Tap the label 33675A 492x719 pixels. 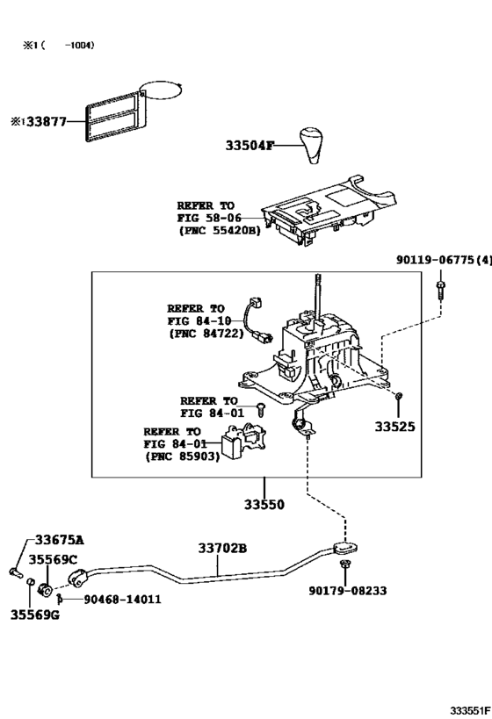60,540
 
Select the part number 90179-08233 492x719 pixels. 347,591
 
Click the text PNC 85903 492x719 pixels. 183,457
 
